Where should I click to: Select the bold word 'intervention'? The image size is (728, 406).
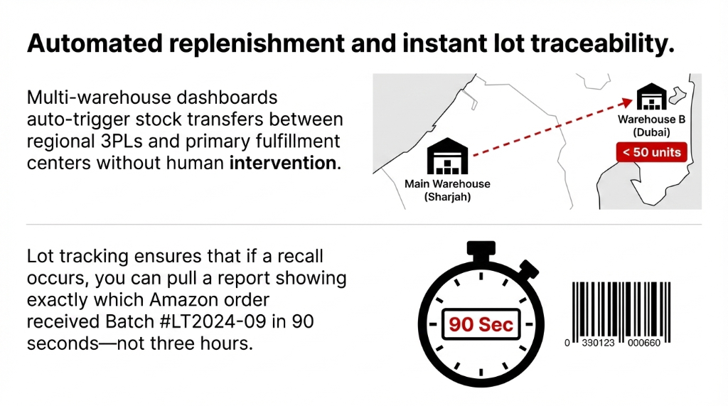click(282, 162)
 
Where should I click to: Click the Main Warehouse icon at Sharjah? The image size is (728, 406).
click(448, 157)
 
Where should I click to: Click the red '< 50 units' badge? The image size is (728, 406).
click(651, 151)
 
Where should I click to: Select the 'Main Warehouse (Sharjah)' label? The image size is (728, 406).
click(447, 190)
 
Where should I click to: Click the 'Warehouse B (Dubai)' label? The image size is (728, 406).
click(651, 126)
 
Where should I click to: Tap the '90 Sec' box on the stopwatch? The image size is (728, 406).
click(481, 325)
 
